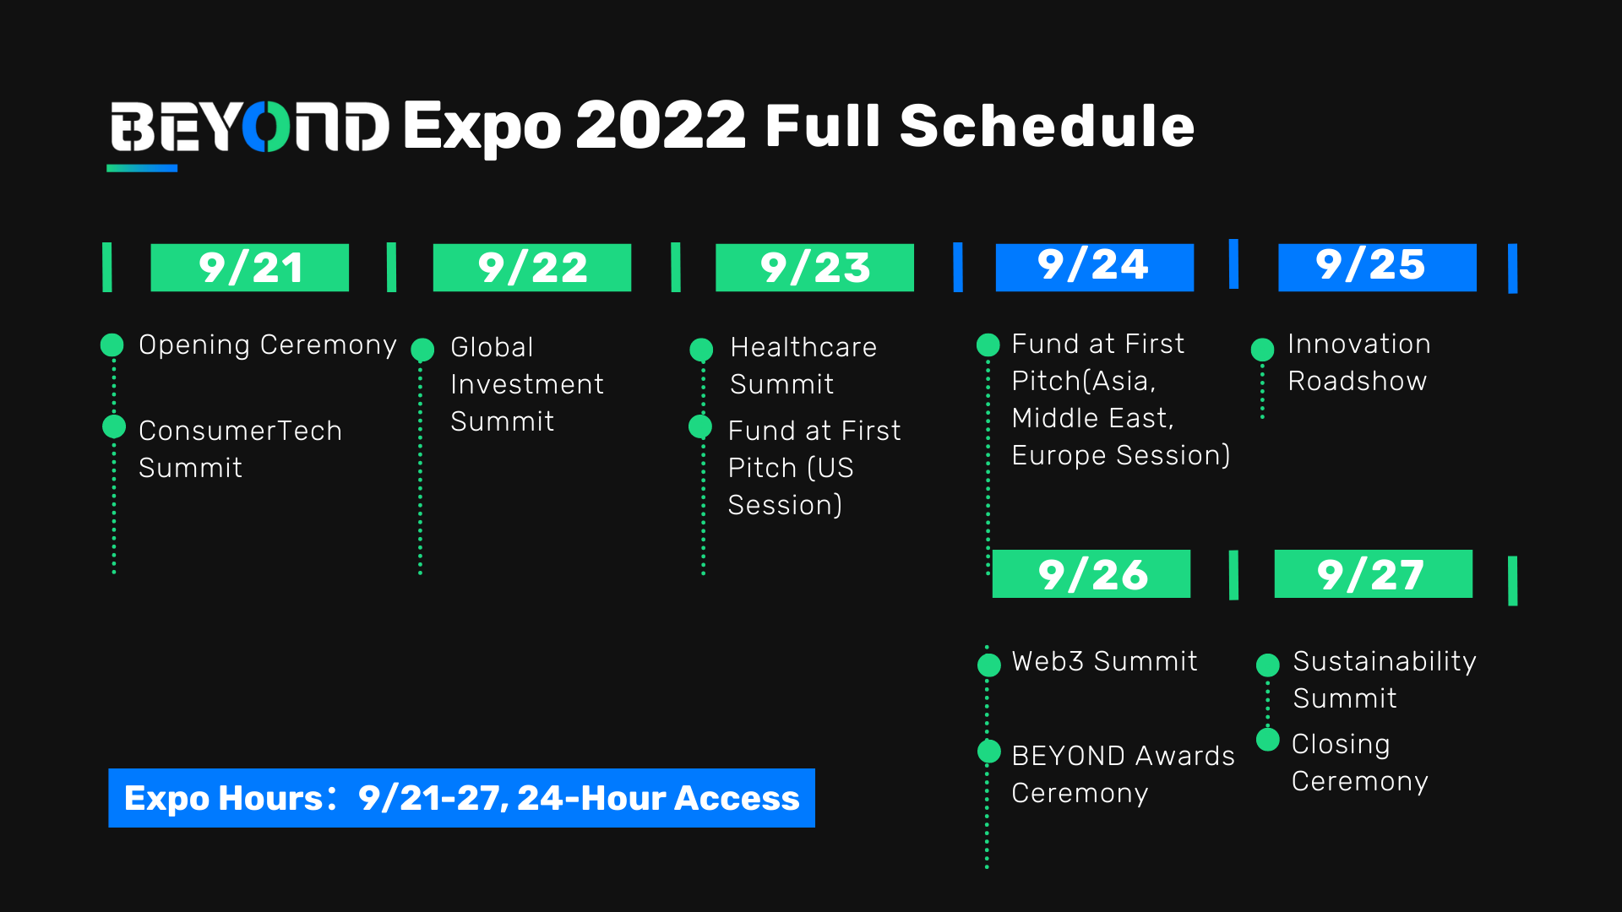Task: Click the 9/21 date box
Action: tap(249, 268)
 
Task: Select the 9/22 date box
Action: tap(532, 268)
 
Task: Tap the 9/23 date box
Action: tap(814, 268)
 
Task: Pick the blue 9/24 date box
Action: tap(1095, 268)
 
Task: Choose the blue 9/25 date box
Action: tap(1377, 268)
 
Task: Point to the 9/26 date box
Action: tap(1091, 574)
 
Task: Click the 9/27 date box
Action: tap(1374, 574)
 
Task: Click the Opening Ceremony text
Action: tap(267, 345)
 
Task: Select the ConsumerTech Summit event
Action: tap(240, 449)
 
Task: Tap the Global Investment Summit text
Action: tap(527, 384)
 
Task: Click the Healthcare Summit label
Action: tap(803, 366)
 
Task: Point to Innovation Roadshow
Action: tap(1358, 362)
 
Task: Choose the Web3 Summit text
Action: tap(1104, 661)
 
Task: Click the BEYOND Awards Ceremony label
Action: tap(1123, 774)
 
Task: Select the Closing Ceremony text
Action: tap(1359, 763)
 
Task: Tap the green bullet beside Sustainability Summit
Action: tap(1268, 665)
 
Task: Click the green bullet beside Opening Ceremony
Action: tap(112, 345)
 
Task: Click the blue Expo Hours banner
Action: tap(461, 798)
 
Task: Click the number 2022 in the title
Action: tap(661, 127)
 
